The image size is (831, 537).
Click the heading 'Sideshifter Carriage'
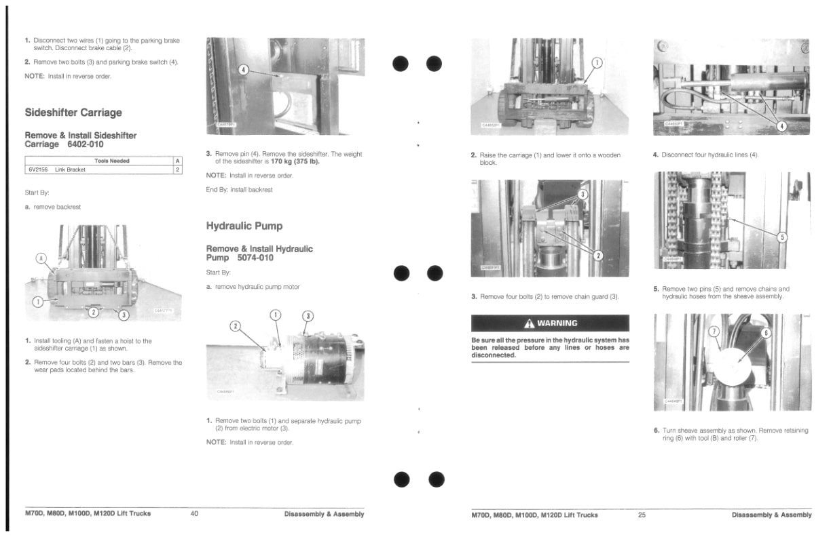tap(73, 113)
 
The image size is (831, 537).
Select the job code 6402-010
tap(86, 144)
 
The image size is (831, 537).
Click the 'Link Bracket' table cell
tap(71, 170)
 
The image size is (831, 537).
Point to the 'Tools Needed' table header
tap(112, 161)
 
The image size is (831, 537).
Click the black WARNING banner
tap(550, 323)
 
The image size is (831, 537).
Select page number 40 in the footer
tap(194, 514)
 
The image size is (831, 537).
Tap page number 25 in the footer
tap(642, 515)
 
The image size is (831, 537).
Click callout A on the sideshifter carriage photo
tap(41, 258)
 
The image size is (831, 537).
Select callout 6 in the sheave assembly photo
tap(766, 333)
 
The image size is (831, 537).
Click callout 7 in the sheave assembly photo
tap(714, 331)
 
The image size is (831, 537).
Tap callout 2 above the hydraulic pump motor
tap(236, 325)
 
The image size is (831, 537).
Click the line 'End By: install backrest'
tap(239, 190)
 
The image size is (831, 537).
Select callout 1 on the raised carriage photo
tap(597, 63)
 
